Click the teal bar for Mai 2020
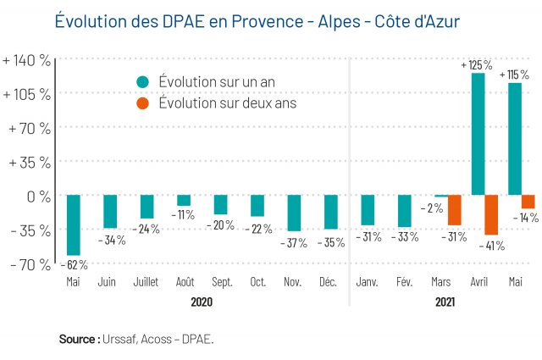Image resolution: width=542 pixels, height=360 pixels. (x=74, y=224)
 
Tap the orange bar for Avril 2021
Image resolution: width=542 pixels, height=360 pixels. (x=491, y=215)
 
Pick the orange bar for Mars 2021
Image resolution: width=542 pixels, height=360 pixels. (x=455, y=210)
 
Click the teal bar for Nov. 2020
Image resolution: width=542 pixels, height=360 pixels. (x=294, y=213)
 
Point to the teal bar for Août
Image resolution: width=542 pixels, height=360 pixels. (x=184, y=201)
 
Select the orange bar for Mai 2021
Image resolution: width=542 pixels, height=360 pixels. (x=528, y=202)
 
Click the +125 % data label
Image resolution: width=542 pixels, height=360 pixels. (x=476, y=65)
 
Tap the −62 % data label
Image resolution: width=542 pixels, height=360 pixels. (x=74, y=264)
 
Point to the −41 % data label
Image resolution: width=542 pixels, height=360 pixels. (x=491, y=246)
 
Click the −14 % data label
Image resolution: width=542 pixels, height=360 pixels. (x=526, y=218)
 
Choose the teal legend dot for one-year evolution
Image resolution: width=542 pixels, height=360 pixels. (x=142, y=82)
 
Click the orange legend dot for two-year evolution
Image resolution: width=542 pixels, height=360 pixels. (x=142, y=103)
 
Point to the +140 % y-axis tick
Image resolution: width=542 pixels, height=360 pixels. (x=27, y=60)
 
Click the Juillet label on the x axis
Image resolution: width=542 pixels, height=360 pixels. (x=147, y=282)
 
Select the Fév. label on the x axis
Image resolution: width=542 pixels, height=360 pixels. (x=404, y=282)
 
